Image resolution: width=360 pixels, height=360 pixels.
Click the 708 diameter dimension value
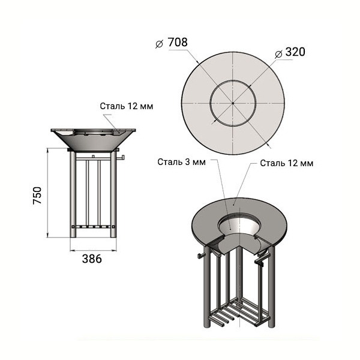[x=178, y=42]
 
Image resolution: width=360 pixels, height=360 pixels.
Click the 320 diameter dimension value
[x=295, y=52]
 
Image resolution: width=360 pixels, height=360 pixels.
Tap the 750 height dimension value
[x=37, y=196]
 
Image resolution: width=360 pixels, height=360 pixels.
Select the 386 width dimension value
[x=92, y=259]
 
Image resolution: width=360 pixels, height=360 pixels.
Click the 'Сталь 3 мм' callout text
[x=181, y=162]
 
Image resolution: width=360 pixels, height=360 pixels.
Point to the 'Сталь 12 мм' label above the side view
[x=126, y=106]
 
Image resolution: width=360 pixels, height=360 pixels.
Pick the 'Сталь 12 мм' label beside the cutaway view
[x=287, y=163]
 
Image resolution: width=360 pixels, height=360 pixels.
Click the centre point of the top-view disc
[x=233, y=103]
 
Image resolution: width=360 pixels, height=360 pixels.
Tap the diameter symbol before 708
[x=159, y=44]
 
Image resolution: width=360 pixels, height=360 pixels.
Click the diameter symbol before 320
[x=278, y=54]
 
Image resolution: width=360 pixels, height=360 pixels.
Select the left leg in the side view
[x=73, y=194]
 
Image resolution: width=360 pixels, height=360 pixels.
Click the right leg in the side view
[x=113, y=194]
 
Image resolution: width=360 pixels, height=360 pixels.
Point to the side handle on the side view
[x=121, y=158]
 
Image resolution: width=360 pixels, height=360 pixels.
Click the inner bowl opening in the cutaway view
[x=239, y=224]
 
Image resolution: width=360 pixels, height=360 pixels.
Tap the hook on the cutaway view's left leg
[x=200, y=256]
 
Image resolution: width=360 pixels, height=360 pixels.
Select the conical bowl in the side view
[x=93, y=140]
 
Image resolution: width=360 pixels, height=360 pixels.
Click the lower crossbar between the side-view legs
[x=93, y=227]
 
